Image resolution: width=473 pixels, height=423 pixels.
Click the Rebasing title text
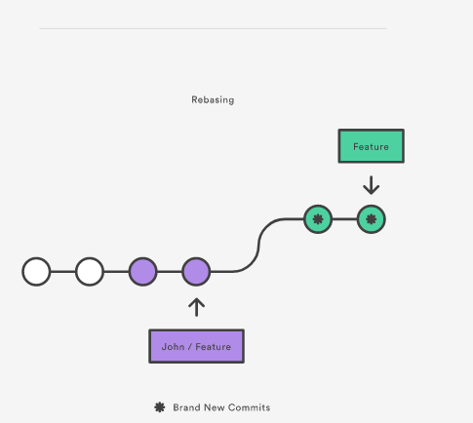pos(213,99)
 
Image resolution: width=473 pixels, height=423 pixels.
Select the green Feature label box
pos(372,146)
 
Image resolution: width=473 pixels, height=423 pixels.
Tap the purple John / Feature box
pos(196,346)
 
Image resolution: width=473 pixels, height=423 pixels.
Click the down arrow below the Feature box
pos(372,185)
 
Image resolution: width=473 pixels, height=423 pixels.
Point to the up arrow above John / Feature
pos(196,307)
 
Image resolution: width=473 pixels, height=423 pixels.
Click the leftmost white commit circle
pos(36,272)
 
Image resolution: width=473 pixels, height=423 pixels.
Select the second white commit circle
pos(90,272)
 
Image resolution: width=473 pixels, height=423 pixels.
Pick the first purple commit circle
pos(143,272)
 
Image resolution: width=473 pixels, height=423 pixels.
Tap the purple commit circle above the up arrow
pos(196,272)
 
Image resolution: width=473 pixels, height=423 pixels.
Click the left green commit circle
pos(318,219)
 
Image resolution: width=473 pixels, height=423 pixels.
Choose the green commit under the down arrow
pos(372,219)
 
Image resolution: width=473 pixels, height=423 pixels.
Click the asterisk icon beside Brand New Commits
pos(160,407)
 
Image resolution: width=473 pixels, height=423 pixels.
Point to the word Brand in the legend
pos(184,407)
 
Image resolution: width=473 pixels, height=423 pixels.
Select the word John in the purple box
pos(173,347)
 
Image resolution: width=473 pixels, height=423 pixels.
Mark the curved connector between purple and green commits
pos(258,245)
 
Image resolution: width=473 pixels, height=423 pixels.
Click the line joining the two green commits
pos(344,219)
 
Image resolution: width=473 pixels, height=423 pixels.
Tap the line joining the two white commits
pos(63,272)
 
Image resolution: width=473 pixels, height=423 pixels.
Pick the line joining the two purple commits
pos(170,272)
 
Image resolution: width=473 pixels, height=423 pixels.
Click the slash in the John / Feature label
pos(190,347)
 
